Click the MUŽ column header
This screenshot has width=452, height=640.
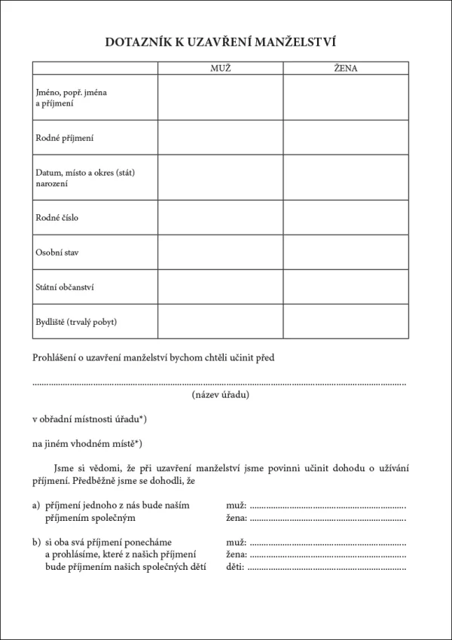pos(220,69)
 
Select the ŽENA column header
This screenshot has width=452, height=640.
pos(346,69)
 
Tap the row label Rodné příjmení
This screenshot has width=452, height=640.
pos(65,138)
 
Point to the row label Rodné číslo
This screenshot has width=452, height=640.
pos(57,218)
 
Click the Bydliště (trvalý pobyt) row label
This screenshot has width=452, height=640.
pos(76,322)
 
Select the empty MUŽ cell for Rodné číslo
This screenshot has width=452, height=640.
pos(221,218)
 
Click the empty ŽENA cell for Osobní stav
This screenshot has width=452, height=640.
pos(346,253)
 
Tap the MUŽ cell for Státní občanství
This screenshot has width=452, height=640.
pos(221,287)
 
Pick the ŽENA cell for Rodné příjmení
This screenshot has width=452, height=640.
pos(346,138)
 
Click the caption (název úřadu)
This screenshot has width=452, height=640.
pos(221,394)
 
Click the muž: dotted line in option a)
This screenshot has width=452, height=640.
pos(328,505)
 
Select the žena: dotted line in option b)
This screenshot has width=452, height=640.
pos(328,556)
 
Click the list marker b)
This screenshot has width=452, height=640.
pos(37,542)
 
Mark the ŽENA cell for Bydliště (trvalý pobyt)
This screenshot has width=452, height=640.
pos(346,322)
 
